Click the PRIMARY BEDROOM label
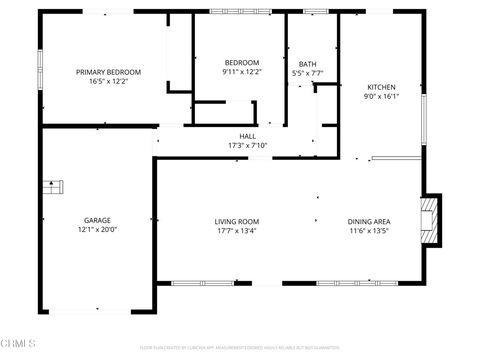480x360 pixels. click(x=109, y=72)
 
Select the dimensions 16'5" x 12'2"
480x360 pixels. click(x=109, y=82)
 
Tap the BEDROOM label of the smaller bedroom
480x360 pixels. click(x=240, y=62)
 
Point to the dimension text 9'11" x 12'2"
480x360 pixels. click(x=240, y=72)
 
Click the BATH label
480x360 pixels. click(x=307, y=63)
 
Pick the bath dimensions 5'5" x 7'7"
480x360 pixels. click(x=307, y=73)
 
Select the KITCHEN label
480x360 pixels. click(x=381, y=87)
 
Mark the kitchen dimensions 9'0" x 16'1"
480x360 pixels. click(x=381, y=97)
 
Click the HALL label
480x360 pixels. click(x=247, y=136)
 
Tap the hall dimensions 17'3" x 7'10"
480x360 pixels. click(x=247, y=146)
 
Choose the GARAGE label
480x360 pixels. click(x=97, y=220)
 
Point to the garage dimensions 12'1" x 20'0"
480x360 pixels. click(x=97, y=230)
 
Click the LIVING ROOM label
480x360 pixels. click(x=237, y=221)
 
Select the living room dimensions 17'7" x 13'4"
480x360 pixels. click(x=237, y=231)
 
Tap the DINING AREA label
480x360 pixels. click(x=368, y=221)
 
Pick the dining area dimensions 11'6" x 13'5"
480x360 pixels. click(x=368, y=231)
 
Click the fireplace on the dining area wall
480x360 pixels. click(x=430, y=219)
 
